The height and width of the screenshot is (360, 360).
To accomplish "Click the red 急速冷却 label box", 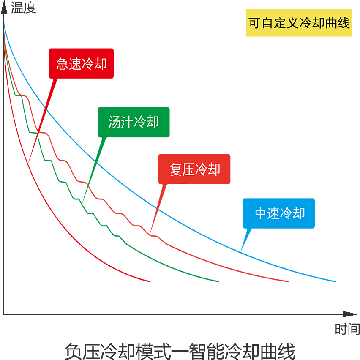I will (81, 63).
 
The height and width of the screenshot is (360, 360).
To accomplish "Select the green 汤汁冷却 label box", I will (134, 122).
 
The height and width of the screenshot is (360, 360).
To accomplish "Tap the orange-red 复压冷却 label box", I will (194, 169).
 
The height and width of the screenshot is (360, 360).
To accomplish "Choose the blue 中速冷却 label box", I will (279, 213).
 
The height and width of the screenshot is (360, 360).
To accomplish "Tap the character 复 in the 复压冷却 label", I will (176, 169).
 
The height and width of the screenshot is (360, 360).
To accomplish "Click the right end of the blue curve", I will (335, 281).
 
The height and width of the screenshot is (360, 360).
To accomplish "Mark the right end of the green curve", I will (218, 281).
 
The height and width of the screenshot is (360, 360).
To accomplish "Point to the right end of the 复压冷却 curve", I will (289, 281).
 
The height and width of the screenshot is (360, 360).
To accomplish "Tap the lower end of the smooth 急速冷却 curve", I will (149, 281).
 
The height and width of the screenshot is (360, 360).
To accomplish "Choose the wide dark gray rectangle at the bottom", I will (177, 346).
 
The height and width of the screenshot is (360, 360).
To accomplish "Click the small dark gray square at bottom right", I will (337, 337).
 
